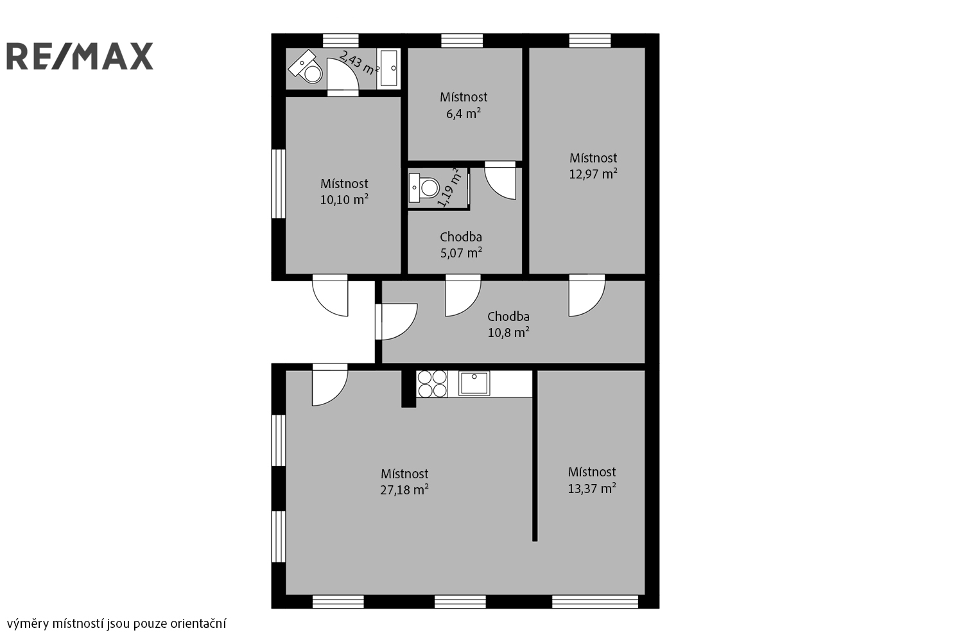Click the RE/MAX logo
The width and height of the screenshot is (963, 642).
80,56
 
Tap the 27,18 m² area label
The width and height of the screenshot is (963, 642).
404,490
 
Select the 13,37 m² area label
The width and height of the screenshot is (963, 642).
592,488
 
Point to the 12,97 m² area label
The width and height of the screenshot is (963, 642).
593,174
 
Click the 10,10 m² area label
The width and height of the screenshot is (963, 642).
344,200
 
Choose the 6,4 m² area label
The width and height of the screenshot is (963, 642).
464,114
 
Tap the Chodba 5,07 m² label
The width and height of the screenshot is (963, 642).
461,245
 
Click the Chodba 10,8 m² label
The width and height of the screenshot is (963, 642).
508,325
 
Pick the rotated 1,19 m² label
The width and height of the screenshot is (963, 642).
449,188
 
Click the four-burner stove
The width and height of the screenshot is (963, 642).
432,384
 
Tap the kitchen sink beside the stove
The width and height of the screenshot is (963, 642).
474,383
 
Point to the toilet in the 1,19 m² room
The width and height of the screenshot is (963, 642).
424,188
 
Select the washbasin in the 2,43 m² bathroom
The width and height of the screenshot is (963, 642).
388,69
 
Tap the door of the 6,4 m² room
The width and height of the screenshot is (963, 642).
500,180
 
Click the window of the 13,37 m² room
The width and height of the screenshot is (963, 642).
595,602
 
